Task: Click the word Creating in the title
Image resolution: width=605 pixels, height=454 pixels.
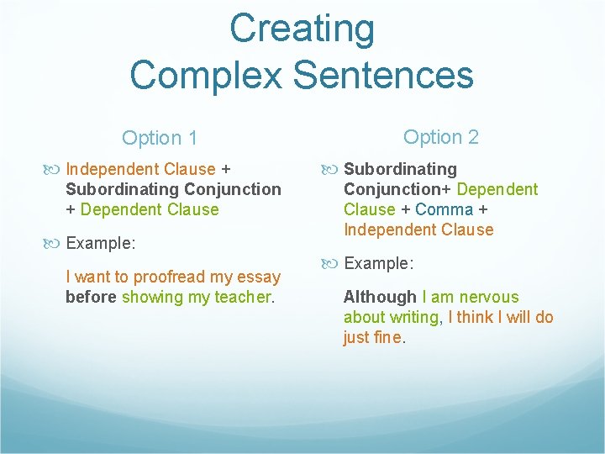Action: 302,29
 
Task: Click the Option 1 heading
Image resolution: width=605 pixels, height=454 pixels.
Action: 160,138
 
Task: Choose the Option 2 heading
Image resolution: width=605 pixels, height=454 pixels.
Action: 441,137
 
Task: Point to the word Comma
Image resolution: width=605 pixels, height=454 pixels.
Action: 444,209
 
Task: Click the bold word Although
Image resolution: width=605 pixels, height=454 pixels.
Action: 380,297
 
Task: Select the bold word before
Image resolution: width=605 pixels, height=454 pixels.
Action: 91,297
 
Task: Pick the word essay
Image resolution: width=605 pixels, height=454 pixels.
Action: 260,277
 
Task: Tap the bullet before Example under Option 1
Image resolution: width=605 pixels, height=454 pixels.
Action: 56,244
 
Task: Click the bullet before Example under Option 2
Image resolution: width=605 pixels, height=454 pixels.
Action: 334,263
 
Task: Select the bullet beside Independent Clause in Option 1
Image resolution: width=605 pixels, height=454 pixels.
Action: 56,170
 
